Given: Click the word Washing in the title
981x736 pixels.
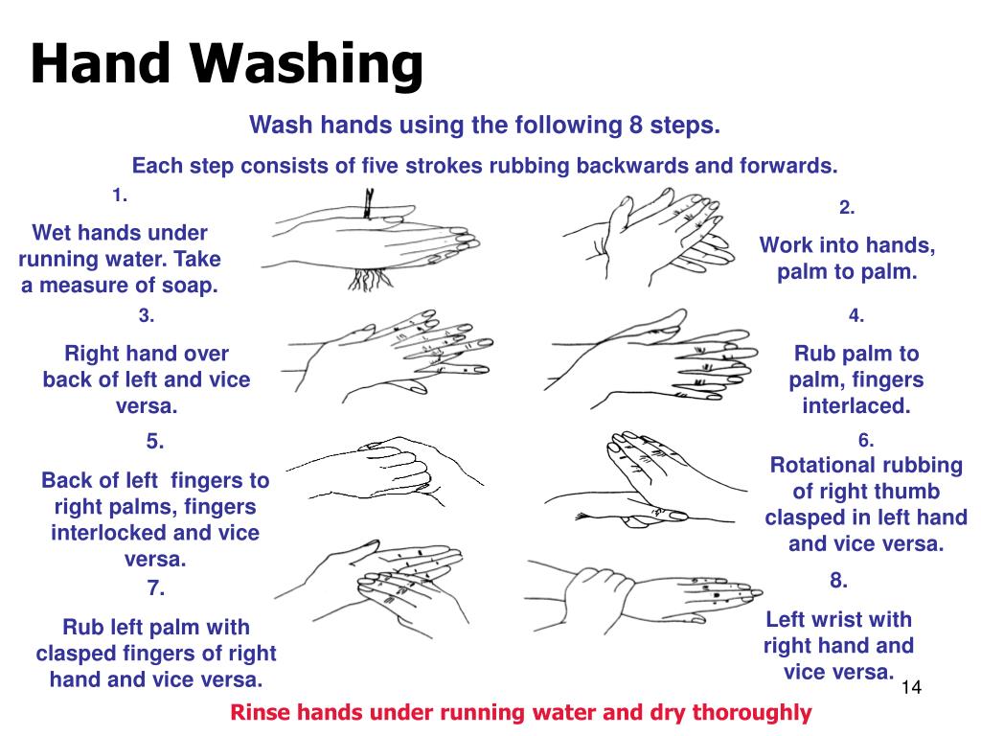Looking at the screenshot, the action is (x=306, y=64).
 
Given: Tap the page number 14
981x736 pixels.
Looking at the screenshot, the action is (x=911, y=687).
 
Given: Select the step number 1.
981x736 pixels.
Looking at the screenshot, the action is (x=120, y=195).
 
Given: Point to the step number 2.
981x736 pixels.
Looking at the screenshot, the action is (x=847, y=207).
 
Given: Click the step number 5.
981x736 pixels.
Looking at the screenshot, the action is (x=154, y=441).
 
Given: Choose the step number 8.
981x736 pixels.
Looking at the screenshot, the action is (x=838, y=581).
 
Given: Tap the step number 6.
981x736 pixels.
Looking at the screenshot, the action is (x=865, y=441).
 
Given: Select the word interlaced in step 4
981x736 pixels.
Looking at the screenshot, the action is (x=856, y=405).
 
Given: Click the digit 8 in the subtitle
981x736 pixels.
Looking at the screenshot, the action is (x=636, y=125).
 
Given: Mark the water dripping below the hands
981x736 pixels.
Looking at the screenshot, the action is (x=371, y=280).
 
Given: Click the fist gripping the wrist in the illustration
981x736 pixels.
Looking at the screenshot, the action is (x=599, y=597).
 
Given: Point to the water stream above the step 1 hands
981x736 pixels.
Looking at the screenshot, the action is (x=369, y=203).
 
